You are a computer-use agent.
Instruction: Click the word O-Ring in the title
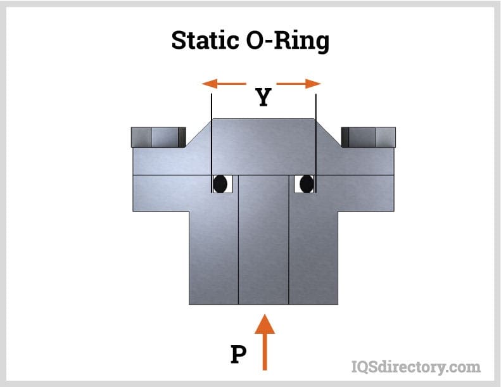[x=289, y=41]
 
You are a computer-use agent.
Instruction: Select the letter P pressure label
[x=238, y=354]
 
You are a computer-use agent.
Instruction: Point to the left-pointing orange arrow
[x=223, y=84]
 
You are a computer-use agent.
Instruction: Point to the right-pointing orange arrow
[x=300, y=84]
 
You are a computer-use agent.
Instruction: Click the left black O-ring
[x=220, y=184]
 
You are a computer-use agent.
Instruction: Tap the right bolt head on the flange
[x=369, y=136]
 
